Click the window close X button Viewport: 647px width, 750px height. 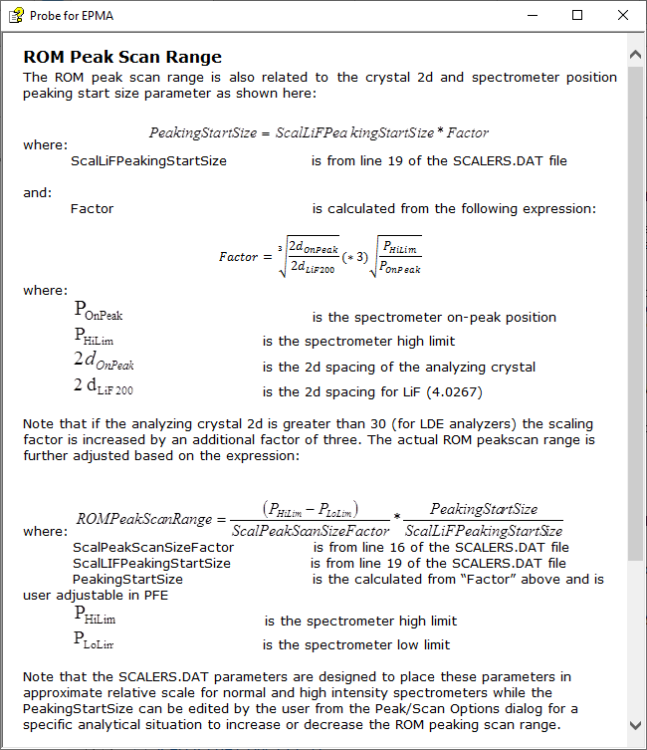(x=622, y=15)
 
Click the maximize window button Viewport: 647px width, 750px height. (x=577, y=15)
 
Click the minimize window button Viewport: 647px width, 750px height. (x=533, y=15)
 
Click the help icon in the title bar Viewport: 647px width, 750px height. (x=16, y=15)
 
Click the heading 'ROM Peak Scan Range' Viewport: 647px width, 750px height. (x=122, y=57)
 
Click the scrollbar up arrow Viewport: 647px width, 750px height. (x=636, y=53)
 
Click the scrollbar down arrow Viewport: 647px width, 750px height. (x=636, y=725)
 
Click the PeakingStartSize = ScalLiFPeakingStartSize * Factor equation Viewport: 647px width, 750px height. (x=319, y=132)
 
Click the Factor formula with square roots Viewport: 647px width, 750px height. (x=320, y=256)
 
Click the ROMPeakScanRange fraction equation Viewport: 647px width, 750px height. (x=320, y=519)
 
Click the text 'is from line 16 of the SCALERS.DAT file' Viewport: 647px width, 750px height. (x=441, y=547)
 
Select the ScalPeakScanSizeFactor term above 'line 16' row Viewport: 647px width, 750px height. (x=153, y=547)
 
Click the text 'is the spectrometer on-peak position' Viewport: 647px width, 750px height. (x=434, y=317)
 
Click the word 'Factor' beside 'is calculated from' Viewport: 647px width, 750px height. (x=93, y=208)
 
